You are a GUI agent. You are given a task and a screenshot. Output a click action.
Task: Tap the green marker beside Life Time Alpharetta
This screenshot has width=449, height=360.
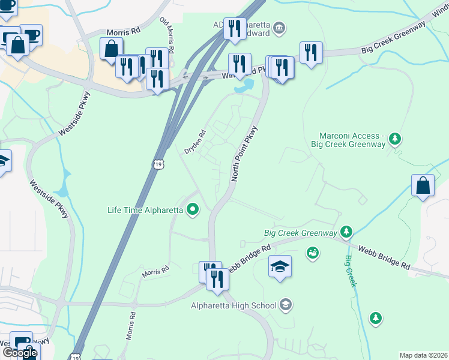pos(193,209)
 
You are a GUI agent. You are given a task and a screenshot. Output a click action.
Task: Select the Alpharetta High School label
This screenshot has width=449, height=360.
pos(234,305)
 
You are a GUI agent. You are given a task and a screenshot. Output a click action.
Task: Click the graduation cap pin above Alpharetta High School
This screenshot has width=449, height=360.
pos(280,266)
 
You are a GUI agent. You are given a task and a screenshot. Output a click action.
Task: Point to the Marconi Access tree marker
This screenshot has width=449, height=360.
pos(395,139)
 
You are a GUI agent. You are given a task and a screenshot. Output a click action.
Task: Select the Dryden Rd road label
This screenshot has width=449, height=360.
pos(194,142)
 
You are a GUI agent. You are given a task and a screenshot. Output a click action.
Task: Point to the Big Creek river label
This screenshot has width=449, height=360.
pos(350,271)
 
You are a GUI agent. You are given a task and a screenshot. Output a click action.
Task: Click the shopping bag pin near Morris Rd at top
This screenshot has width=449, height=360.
pos(112,49)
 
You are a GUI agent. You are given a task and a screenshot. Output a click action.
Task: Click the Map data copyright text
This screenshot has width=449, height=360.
pos(423,355)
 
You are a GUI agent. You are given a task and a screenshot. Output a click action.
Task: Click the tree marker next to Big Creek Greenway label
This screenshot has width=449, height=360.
pos(346,232)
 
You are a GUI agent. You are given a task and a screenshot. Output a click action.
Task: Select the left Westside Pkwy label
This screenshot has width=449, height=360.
pos(49,200)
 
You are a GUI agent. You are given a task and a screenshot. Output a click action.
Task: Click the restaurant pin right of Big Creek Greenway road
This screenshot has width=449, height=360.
pos(310,53)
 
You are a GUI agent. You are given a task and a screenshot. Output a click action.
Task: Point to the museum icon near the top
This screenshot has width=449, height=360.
pos(279,28)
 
